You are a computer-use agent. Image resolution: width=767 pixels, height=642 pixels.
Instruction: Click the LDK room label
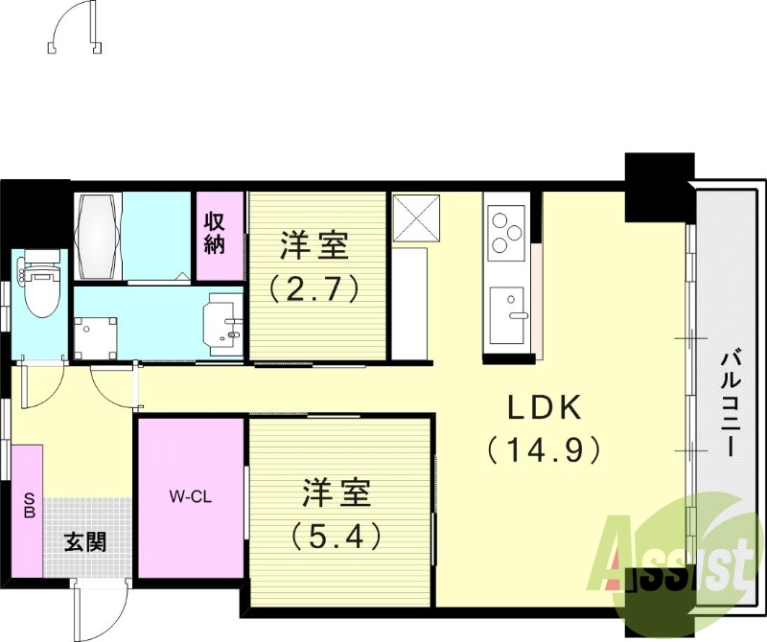[544, 409]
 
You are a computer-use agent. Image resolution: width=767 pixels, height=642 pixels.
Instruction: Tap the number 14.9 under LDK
[544, 448]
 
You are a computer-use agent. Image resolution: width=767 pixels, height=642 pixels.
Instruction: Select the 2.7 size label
[313, 286]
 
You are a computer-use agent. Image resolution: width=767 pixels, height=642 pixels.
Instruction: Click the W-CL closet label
[191, 496]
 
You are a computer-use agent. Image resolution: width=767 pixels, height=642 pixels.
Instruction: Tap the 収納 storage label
[214, 231]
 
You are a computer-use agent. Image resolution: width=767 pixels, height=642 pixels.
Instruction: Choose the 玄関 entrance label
[85, 541]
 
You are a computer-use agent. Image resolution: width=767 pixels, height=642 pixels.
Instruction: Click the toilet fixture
[40, 286]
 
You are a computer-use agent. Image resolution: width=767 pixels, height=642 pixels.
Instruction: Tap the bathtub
[100, 224]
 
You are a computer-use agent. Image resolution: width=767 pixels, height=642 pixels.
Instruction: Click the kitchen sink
[507, 311]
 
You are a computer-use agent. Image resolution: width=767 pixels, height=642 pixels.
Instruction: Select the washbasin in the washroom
[227, 320]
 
